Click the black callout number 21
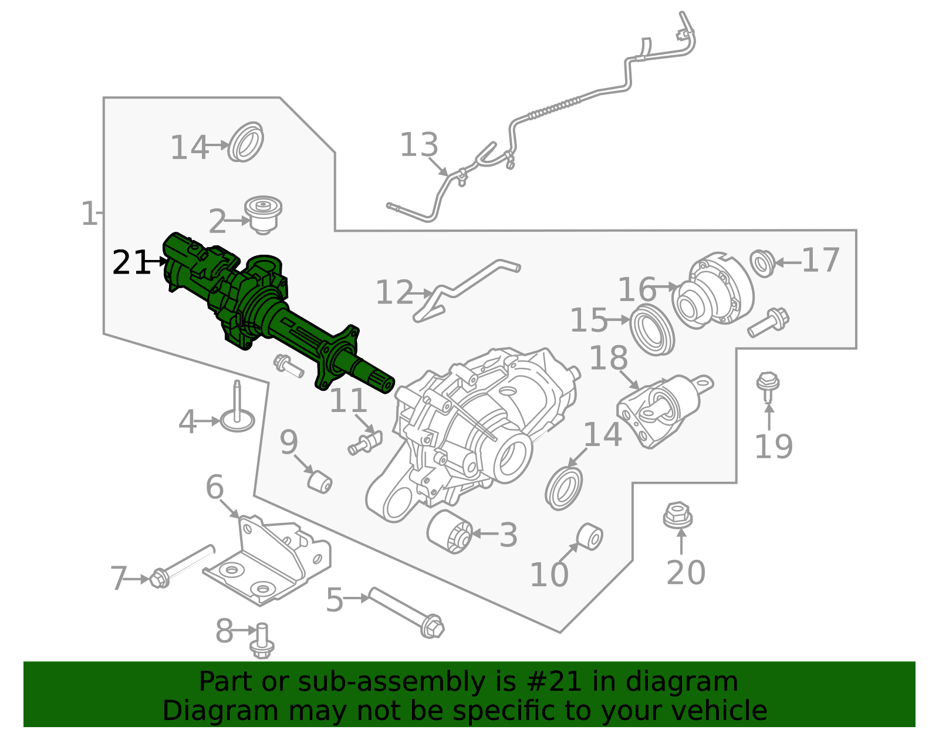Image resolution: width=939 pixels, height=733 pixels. click(x=131, y=262)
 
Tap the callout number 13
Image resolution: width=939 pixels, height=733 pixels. click(x=418, y=145)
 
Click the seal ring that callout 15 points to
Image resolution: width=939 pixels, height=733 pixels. click(x=651, y=329)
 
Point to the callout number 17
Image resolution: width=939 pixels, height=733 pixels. click(x=820, y=260)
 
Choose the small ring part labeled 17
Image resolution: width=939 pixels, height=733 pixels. click(x=762, y=264)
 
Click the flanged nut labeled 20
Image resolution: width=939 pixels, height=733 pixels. click(x=678, y=515)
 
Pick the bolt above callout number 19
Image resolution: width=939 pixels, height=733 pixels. click(x=768, y=387)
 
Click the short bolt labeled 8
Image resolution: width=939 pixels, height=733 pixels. click(x=262, y=641)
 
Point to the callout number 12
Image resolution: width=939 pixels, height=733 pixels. click(x=394, y=292)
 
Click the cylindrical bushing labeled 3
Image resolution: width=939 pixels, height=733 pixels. click(x=450, y=532)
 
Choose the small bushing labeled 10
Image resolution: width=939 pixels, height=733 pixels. click(x=590, y=537)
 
